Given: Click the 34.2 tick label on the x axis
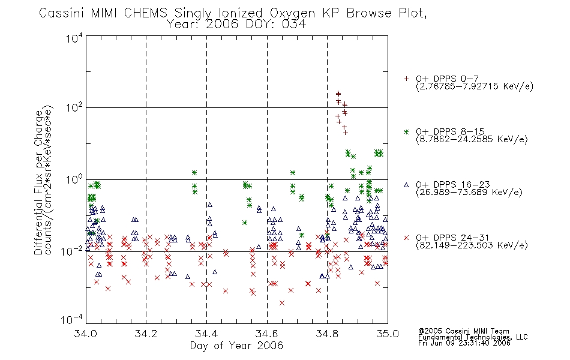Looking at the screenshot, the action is click(x=146, y=334).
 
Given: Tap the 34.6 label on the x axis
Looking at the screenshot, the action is click(x=267, y=334).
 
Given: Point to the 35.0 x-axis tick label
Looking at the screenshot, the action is click(x=388, y=334).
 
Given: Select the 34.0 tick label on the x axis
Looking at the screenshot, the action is click(x=85, y=334).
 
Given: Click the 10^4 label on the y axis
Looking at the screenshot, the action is click(x=74, y=38).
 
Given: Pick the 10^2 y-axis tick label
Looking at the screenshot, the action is click(x=74, y=107).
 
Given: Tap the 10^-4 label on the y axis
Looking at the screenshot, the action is click(x=72, y=319).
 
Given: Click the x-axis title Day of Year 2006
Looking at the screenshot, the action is click(x=236, y=346).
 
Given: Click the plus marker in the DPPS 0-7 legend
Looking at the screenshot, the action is click(x=406, y=79).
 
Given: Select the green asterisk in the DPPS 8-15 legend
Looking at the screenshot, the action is click(x=406, y=132).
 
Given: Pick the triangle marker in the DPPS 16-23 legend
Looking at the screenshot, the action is click(x=406, y=185).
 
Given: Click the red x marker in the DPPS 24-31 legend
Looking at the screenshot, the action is click(x=406, y=238).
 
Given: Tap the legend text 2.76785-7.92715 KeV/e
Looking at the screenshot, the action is click(x=475, y=86).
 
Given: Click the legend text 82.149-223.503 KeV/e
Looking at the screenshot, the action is click(x=472, y=245).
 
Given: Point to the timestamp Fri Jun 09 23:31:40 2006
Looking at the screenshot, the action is click(x=464, y=343).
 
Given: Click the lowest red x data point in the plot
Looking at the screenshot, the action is click(x=282, y=303).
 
